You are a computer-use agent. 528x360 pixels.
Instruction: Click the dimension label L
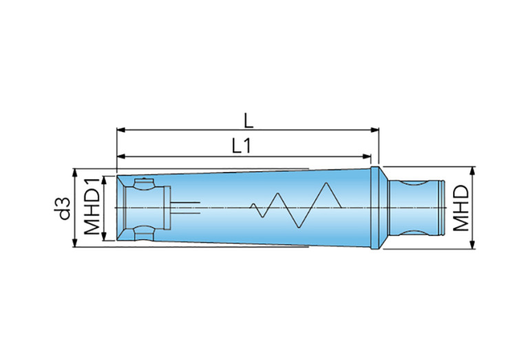[x=249, y=120]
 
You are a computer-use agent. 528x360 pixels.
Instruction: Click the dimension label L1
[x=242, y=146]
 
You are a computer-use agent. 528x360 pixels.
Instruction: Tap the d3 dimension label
[x=63, y=209]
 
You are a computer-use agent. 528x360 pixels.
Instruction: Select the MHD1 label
[x=92, y=207]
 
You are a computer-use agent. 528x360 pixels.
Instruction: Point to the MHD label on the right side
[x=461, y=208]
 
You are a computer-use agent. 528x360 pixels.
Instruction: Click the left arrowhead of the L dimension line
[x=121, y=130]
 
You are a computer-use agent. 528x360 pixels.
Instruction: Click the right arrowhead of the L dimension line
[x=374, y=130]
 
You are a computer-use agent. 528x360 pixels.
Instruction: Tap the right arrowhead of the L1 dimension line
[x=367, y=156]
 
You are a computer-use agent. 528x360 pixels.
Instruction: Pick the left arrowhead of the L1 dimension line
[x=121, y=156]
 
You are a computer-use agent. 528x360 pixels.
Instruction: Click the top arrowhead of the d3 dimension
[x=75, y=173]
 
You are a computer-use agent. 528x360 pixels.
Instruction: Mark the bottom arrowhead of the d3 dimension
[x=75, y=243]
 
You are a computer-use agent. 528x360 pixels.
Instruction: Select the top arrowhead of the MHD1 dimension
[x=104, y=180]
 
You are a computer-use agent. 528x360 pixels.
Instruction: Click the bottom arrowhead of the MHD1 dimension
[x=104, y=236]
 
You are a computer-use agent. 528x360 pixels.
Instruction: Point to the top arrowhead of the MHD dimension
[x=472, y=171]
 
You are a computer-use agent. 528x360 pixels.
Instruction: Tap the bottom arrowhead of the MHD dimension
[x=472, y=244]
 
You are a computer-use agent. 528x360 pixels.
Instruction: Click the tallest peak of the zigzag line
[x=326, y=183]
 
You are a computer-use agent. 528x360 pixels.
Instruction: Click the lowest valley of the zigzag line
[x=299, y=228]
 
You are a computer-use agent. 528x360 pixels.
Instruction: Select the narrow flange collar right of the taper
[x=374, y=208]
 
